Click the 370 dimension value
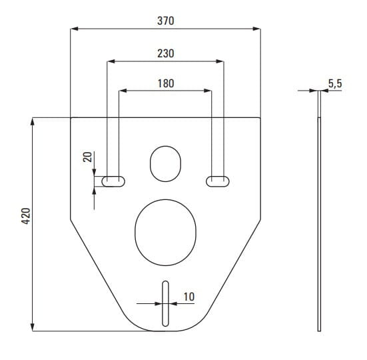click(x=165, y=21)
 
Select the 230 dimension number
click(x=165, y=53)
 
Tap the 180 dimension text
click(x=165, y=83)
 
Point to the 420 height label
click(x=26, y=216)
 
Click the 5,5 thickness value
click(x=335, y=83)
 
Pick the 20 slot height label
click(x=87, y=157)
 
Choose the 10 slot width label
click(x=189, y=297)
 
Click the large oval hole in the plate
click(x=165, y=199)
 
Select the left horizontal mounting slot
click(x=113, y=177)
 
